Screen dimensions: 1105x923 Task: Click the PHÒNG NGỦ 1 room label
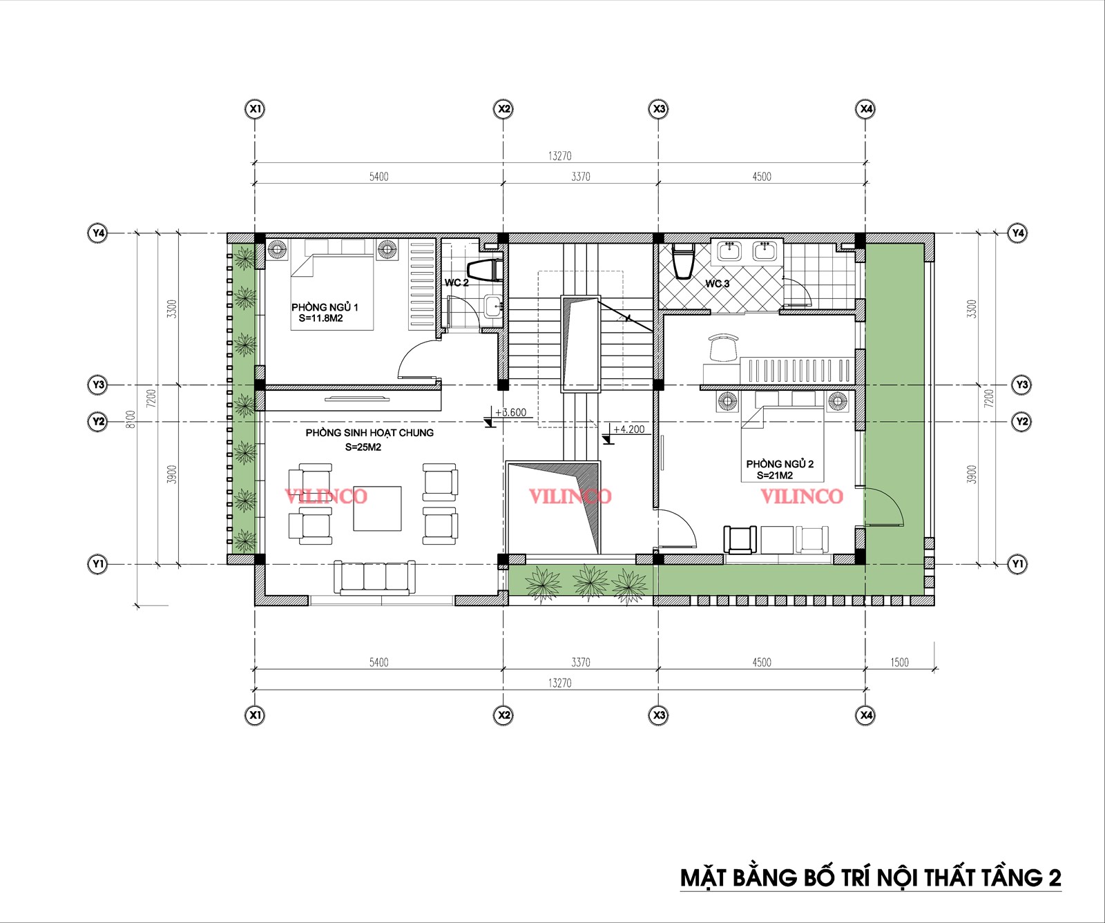325,307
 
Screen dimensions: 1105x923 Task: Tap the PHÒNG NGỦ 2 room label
780,464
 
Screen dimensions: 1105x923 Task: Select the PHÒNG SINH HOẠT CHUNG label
369,433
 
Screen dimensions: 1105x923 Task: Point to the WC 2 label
457,283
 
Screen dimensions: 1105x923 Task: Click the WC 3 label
717,284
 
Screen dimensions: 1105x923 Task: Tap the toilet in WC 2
484,270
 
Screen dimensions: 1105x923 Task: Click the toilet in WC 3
682,260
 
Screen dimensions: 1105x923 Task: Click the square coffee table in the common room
377,508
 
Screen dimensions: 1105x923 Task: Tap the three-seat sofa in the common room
374,577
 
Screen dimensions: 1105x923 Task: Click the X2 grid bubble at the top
504,108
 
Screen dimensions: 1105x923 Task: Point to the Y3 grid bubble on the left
99,385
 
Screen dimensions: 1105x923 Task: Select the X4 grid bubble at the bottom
865,715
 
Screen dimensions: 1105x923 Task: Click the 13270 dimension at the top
560,156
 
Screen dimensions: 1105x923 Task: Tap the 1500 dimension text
899,662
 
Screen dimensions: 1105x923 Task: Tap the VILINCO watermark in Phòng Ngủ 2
802,496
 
